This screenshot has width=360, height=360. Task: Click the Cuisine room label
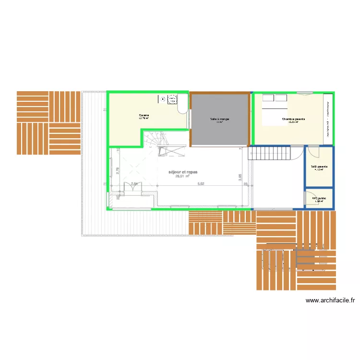[x=144, y=115]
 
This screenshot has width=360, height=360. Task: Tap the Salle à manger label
[x=220, y=119]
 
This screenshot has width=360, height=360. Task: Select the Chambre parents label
[x=293, y=119]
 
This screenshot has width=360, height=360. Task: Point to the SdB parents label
[x=319, y=167]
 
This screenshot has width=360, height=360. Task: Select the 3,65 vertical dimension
[x=240, y=177]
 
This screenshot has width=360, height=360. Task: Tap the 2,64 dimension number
[x=134, y=184]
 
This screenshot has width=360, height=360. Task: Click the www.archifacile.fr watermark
[x=330, y=301]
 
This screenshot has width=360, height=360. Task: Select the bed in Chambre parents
[x=274, y=105]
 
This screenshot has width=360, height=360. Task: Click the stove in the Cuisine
[x=170, y=99]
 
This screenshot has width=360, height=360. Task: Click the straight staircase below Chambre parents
[x=269, y=154]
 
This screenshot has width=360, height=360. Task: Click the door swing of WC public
[x=311, y=198]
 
